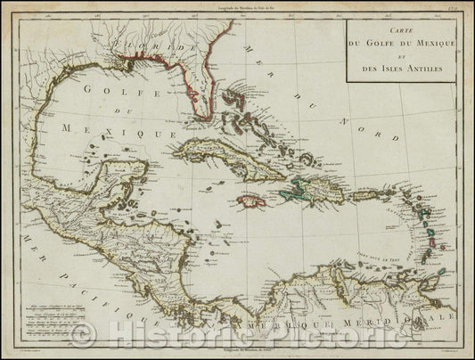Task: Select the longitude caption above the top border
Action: pos(237,8)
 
